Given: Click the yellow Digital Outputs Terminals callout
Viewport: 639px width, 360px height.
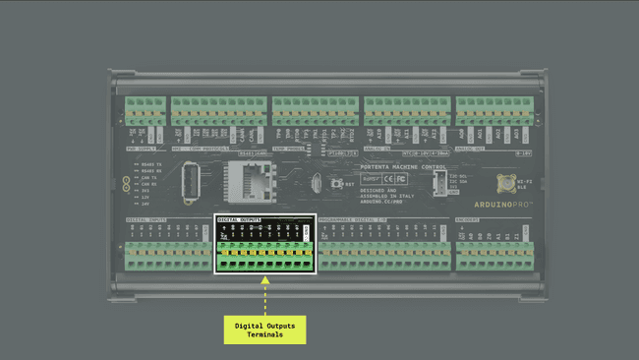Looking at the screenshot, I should click(264, 329).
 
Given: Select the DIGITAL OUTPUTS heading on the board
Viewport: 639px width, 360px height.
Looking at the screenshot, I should click(240, 219).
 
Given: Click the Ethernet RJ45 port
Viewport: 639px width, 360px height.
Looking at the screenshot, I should click(241, 180).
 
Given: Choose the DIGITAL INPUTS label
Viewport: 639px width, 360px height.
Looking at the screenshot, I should click(147, 219).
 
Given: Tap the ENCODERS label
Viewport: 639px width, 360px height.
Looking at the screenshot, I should click(467, 219).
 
